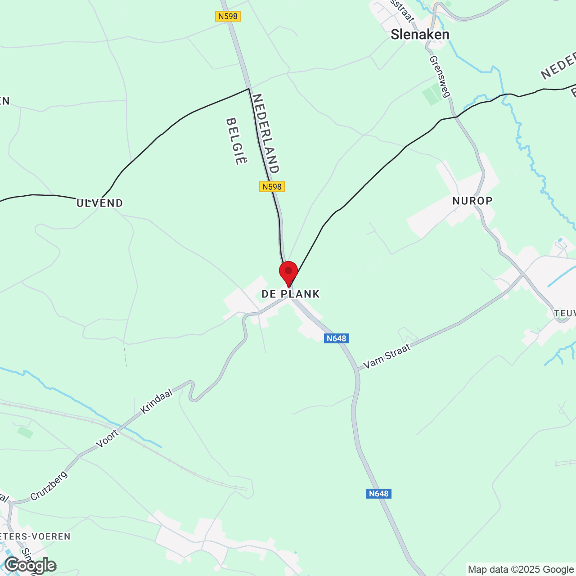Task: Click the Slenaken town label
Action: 419,35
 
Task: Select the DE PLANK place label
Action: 291,294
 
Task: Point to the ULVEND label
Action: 100,203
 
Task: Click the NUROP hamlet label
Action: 472,201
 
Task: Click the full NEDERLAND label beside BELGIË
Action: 266,133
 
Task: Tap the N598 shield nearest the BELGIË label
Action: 272,187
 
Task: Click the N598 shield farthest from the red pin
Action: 228,16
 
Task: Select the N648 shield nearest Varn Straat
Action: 337,338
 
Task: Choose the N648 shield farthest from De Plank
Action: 378,494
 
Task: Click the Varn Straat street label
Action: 387,356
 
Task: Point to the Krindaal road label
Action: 157,401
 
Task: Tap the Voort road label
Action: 107,438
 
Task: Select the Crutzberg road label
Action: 49,486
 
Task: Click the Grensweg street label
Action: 440,76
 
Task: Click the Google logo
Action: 31,565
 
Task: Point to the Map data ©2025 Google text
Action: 521,569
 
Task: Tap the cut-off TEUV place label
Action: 565,313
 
